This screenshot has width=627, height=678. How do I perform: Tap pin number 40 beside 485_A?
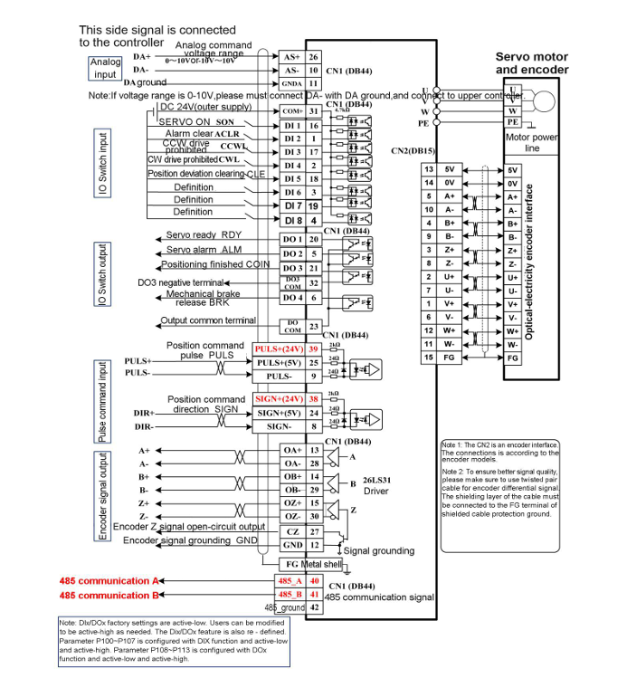click(314, 580)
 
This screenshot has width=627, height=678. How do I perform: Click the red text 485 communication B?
click(109, 596)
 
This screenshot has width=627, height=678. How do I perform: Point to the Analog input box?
click(105, 68)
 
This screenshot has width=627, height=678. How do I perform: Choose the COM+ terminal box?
click(289, 110)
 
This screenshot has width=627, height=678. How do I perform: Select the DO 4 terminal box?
click(290, 297)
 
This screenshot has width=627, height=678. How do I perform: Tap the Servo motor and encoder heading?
click(532, 63)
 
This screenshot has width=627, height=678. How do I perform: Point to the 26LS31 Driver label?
click(375, 485)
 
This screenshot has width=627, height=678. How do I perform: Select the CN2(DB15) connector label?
click(413, 150)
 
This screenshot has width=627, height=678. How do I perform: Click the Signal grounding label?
click(378, 550)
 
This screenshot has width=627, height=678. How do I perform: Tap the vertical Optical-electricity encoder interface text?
click(530, 262)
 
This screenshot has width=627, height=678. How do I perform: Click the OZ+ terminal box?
click(290, 502)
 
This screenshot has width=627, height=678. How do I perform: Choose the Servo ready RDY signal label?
click(203, 235)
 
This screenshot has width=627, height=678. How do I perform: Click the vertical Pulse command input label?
click(103, 400)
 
